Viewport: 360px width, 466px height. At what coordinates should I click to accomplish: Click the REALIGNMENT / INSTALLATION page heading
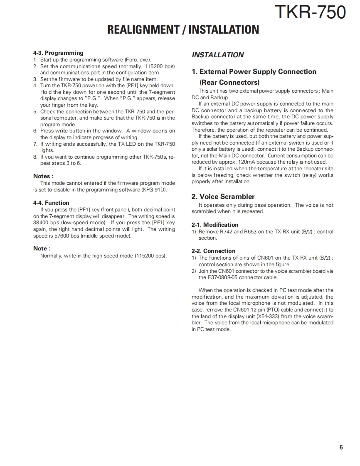pyautogui.click(x=183, y=29)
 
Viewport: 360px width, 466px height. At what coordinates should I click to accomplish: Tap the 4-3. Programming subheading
pyautogui.click(x=58, y=53)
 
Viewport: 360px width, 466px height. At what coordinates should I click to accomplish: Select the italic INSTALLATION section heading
pyautogui.click(x=217, y=55)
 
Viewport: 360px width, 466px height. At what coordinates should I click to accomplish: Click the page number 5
pyautogui.click(x=341, y=447)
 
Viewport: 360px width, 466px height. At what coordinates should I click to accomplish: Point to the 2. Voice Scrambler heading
pyautogui.click(x=223, y=196)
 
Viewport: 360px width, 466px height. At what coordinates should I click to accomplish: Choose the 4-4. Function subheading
pyautogui.click(x=51, y=203)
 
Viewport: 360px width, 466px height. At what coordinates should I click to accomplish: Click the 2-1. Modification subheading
pyautogui.click(x=215, y=225)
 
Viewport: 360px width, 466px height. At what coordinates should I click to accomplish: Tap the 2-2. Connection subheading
pyautogui.click(x=213, y=251)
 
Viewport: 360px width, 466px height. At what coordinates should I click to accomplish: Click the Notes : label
pyautogui.click(x=43, y=176)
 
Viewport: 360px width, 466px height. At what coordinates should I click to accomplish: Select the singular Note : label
pyautogui.click(x=42, y=248)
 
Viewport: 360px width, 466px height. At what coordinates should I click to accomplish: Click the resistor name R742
pyautogui.click(x=226, y=232)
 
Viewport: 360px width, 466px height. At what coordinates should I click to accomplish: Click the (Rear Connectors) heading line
pyautogui.click(x=229, y=82)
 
